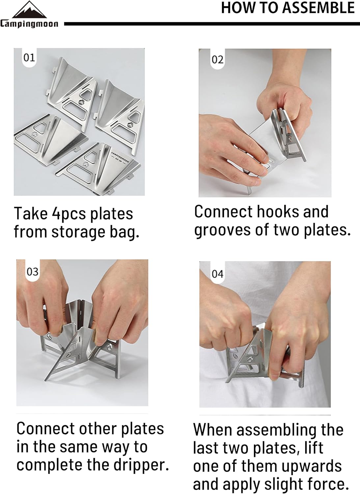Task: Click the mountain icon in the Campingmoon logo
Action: click(x=29, y=10)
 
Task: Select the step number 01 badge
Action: click(x=29, y=58)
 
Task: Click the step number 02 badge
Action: click(x=217, y=60)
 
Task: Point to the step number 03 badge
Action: click(x=32, y=272)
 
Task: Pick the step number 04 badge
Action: click(x=217, y=274)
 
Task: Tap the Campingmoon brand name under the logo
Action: click(x=29, y=24)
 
